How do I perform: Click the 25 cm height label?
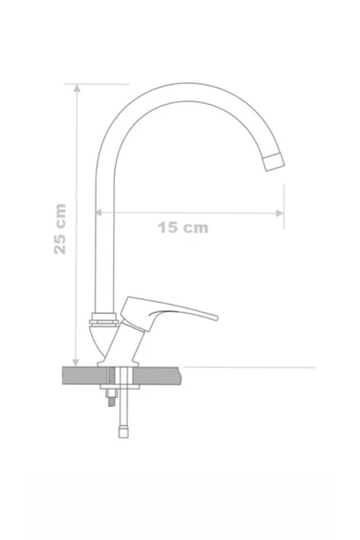[x=60, y=228]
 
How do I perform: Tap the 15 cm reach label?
[x=182, y=228]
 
